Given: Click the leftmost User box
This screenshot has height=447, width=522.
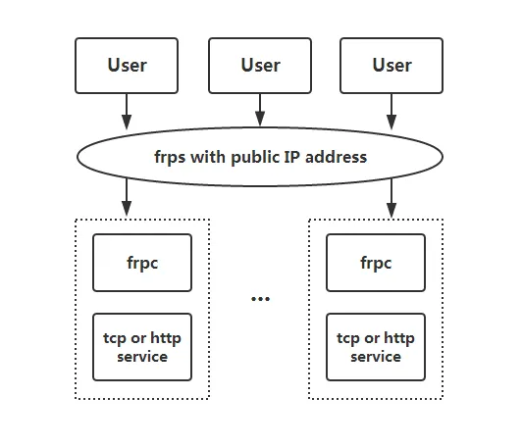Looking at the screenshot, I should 127,65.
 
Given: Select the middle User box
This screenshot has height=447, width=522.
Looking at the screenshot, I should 260,65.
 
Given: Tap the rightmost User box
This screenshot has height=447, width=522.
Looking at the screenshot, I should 391,65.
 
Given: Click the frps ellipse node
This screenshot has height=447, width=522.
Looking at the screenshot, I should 260,157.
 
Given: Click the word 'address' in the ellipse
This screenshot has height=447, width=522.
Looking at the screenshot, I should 336,157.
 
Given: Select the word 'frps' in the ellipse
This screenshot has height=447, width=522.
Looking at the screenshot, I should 170,157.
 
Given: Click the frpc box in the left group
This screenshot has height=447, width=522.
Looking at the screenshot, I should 142,263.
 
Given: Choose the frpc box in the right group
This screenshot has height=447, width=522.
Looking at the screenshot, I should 376,263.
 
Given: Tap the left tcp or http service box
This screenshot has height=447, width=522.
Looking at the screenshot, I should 142,347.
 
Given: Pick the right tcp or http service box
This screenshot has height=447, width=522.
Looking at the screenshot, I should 376,347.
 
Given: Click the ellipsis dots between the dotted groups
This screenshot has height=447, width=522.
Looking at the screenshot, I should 260,298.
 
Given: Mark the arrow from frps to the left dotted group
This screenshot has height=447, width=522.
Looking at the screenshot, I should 127,198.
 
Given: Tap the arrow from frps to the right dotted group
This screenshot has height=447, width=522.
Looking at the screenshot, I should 391,198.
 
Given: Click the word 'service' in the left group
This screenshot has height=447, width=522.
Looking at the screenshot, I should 142,357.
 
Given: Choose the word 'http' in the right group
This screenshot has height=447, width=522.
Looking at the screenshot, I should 398,339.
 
